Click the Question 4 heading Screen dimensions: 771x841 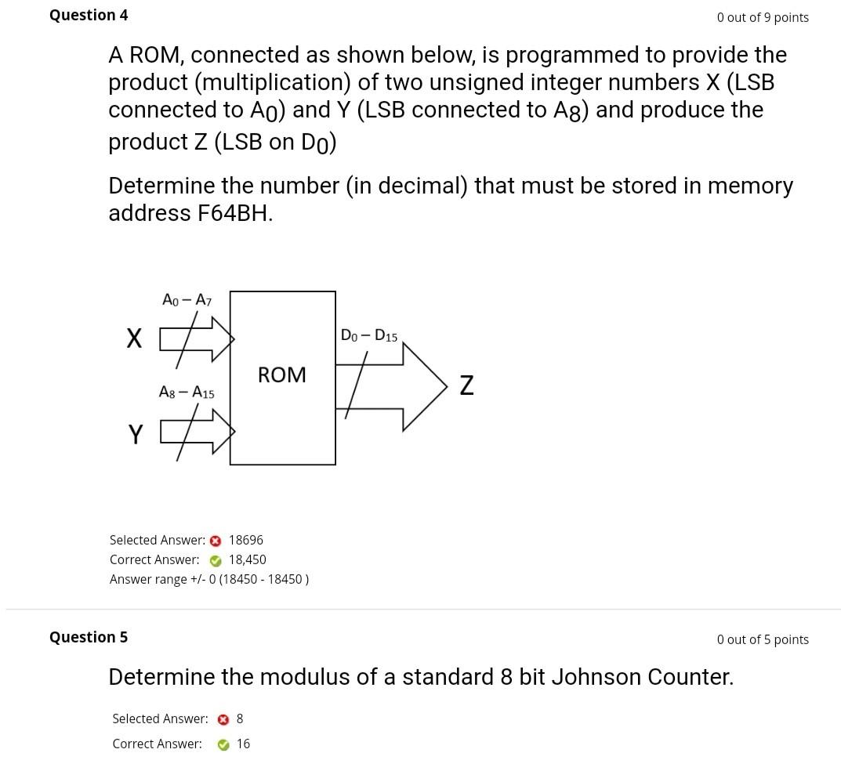click(89, 15)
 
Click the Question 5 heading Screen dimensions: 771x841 click(89, 637)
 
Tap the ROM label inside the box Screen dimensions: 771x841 click(282, 375)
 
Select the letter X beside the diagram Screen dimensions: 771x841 click(135, 338)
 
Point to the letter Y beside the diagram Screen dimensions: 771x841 click(136, 434)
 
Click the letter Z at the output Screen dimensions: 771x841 click(466, 385)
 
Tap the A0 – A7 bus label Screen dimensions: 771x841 click(187, 299)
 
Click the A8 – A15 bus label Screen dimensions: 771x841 click(187, 392)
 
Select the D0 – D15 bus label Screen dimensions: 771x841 click(369, 335)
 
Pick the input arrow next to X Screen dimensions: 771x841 click(200, 339)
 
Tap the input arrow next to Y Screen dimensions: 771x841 click(200, 432)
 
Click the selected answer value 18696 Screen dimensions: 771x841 click(246, 540)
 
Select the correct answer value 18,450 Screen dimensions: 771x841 click(248, 559)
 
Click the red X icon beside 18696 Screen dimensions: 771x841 click(216, 541)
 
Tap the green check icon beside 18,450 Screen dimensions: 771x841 click(216, 560)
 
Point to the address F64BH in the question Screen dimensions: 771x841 click(234, 213)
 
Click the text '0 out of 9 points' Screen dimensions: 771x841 click(763, 17)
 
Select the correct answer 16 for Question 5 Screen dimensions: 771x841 click(243, 744)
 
